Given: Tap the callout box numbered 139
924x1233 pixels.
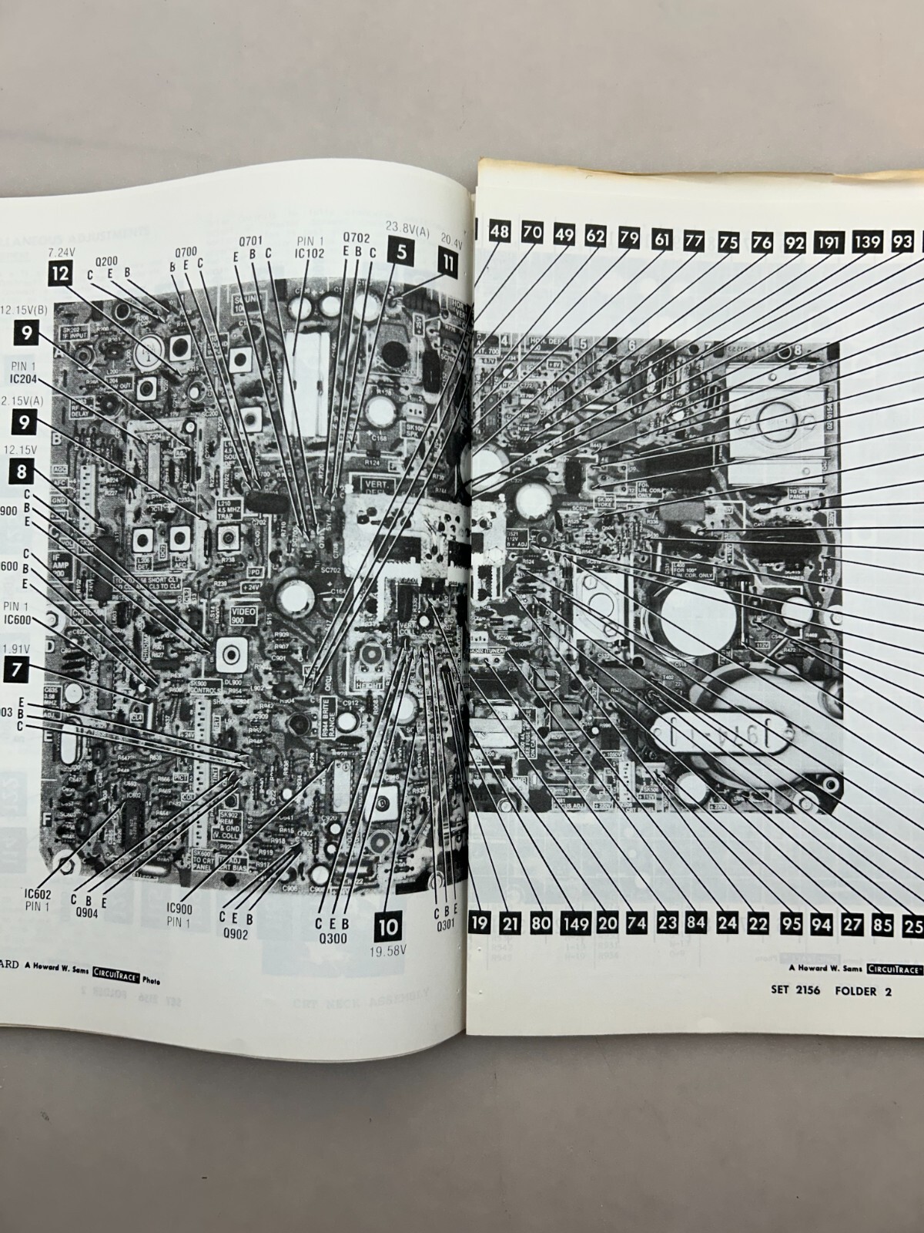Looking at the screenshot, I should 866,242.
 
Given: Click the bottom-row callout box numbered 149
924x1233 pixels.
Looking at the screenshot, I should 574,922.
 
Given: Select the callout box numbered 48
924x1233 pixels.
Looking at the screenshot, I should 500,231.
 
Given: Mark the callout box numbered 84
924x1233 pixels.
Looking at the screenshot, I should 696,922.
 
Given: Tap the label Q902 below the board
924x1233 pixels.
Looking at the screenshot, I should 236,931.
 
